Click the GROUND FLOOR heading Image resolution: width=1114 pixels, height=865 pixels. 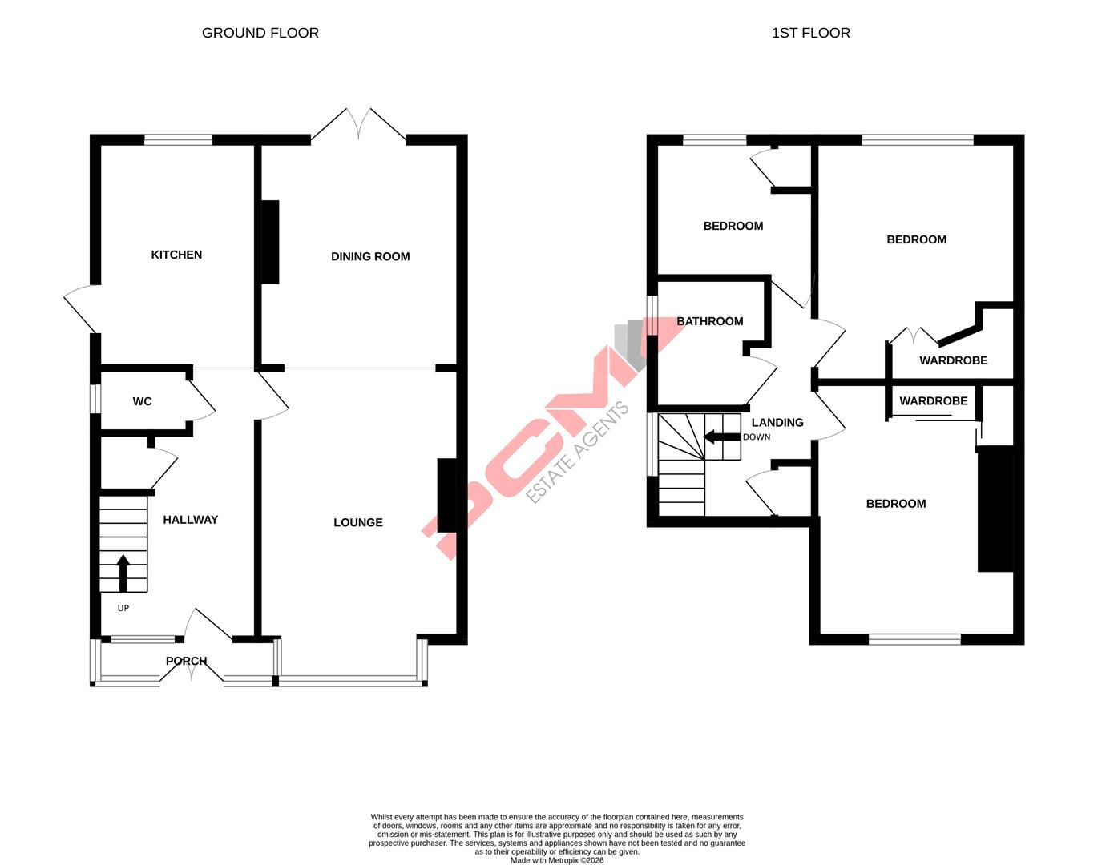260,33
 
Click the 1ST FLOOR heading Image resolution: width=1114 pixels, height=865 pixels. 810,33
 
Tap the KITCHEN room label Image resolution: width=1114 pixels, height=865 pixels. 176,255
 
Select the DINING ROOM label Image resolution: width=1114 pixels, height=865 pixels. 369,256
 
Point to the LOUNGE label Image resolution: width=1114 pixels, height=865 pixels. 357,522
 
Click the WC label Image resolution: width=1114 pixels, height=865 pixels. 142,401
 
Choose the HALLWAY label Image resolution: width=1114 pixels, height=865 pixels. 190,520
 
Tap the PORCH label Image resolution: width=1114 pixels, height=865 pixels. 186,661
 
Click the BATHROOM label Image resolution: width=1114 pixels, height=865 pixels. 709,321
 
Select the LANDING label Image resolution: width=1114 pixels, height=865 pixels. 777,422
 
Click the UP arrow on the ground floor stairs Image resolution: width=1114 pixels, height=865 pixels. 123,572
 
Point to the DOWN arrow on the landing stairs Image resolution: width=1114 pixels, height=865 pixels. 721,437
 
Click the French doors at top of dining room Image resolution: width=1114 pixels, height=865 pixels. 358,127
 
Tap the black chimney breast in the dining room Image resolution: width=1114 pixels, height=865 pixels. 270,242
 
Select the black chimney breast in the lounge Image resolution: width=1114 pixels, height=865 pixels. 446,495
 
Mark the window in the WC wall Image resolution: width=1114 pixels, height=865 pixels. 95,399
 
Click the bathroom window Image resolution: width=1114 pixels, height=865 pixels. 652,316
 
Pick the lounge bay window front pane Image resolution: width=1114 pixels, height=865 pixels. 349,681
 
